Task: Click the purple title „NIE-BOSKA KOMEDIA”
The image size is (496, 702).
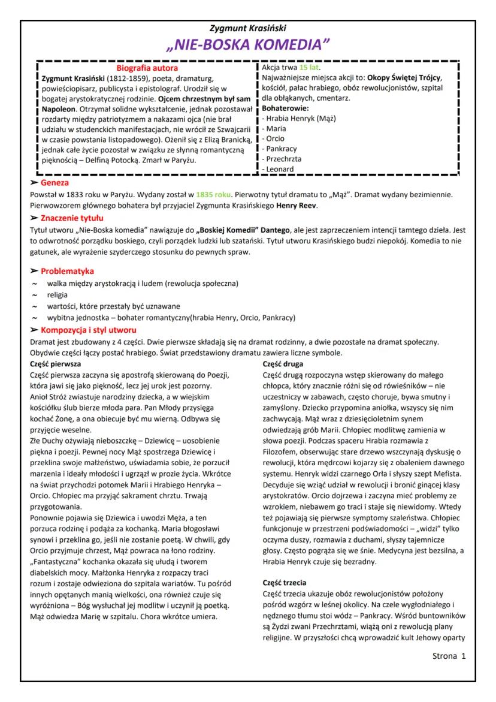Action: coord(247,44)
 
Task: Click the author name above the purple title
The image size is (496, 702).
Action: coord(247,28)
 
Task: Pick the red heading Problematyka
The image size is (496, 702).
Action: coord(67,272)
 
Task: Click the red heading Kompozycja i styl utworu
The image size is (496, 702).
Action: coord(88,330)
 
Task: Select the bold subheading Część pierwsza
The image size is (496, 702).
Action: coord(56,363)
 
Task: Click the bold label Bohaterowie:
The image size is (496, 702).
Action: coord(285,108)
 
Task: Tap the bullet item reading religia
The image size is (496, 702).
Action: coord(58,294)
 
